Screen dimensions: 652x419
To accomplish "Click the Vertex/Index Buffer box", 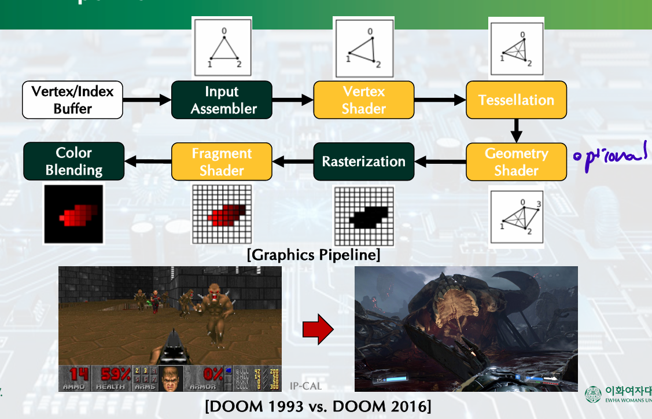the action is point(72,100).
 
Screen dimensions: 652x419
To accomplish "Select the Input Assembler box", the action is point(222,100).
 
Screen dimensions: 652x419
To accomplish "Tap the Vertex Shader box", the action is point(363,100).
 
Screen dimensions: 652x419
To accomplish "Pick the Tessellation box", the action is point(516,100).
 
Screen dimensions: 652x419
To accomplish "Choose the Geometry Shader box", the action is point(516,161).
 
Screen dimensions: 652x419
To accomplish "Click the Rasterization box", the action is point(363,161).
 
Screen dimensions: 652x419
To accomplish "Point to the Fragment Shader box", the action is point(222,161).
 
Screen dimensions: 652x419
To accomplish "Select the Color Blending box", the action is point(73,161).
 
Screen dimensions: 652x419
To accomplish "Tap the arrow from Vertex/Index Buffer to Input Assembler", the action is point(147,100).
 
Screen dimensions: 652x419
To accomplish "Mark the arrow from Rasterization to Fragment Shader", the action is point(293,161).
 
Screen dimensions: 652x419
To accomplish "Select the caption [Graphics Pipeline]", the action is point(313,254).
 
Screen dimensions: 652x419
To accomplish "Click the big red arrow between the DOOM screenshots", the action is point(318,330).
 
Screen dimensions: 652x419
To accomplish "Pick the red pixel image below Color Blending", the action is point(73,214).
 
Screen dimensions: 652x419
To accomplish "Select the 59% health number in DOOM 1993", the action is point(116,374).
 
